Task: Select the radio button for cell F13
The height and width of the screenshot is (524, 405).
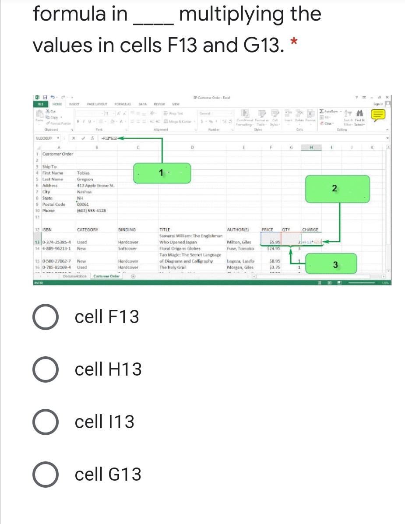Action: point(45,317)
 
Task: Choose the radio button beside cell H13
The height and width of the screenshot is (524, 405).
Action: point(45,369)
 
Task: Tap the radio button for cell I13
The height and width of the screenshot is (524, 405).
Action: point(45,422)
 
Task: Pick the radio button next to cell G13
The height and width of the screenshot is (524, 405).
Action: point(45,474)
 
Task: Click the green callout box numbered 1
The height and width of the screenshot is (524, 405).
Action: point(162,172)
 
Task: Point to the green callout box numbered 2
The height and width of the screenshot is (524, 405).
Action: point(334,188)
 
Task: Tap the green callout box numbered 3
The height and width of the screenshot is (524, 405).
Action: point(335,264)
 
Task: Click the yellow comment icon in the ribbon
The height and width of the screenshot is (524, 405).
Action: point(378,115)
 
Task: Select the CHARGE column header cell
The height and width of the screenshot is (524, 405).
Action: point(310,229)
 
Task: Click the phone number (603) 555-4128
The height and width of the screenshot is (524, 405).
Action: point(91,211)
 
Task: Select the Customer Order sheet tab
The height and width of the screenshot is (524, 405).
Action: point(106,276)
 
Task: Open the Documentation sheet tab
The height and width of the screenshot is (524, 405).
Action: point(75,276)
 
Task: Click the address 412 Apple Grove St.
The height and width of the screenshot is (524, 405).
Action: point(95,186)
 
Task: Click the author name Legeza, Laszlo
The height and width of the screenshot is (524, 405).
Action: point(240,261)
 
